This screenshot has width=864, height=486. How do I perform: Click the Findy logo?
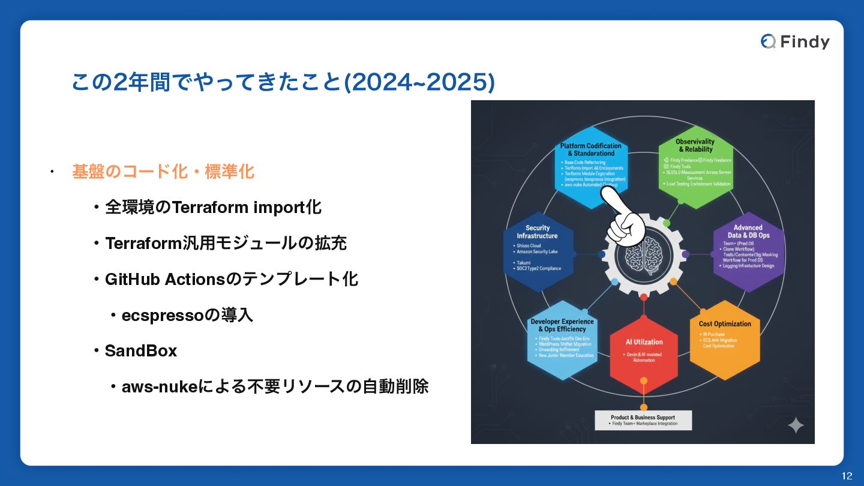pos(795,41)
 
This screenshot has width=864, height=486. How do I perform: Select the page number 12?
pos(847,476)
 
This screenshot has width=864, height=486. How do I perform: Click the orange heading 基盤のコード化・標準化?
pos(163,172)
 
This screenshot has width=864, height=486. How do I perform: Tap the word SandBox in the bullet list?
pos(141,351)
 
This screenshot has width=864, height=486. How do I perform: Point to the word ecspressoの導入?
pos(187,315)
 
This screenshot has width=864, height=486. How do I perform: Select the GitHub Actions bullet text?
pos(232,279)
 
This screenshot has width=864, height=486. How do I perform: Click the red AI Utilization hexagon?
pos(644,351)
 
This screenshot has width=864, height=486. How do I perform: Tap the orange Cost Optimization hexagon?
pos(724,339)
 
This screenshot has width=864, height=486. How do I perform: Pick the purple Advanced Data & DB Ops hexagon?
pos(748,251)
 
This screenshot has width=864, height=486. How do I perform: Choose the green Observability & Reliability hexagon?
pos(695,165)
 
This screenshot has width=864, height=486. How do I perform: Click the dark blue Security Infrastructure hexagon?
pos(538,251)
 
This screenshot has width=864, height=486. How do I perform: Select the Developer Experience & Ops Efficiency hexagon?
pos(562,339)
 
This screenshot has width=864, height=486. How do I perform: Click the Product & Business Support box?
pos(643,420)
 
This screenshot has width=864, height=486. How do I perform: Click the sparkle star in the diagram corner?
pos(796,425)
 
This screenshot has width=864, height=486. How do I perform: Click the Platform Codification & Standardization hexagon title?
pos(591,149)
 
